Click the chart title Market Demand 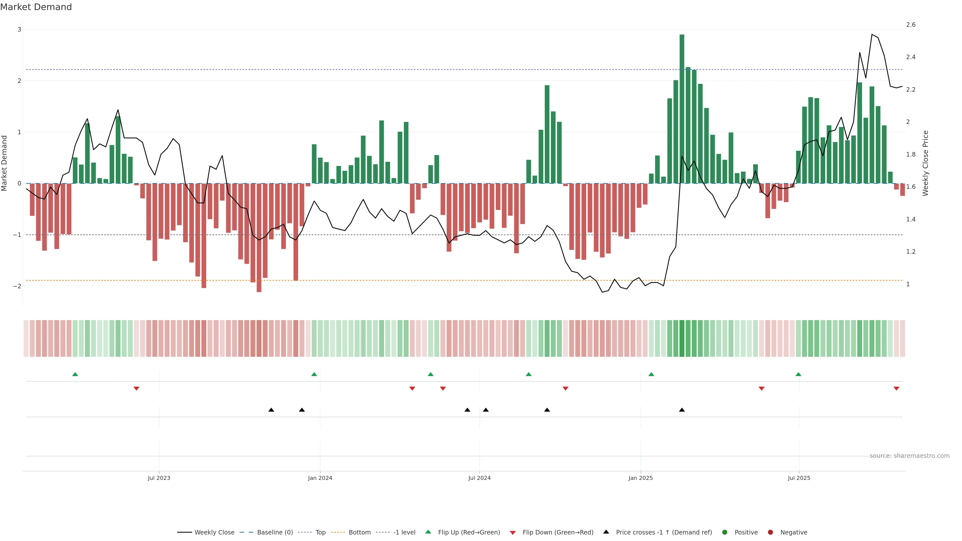(36, 7)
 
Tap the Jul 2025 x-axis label (799, 478)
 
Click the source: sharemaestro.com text (909, 456)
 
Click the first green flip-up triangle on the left (75, 374)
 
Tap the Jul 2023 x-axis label (159, 478)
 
